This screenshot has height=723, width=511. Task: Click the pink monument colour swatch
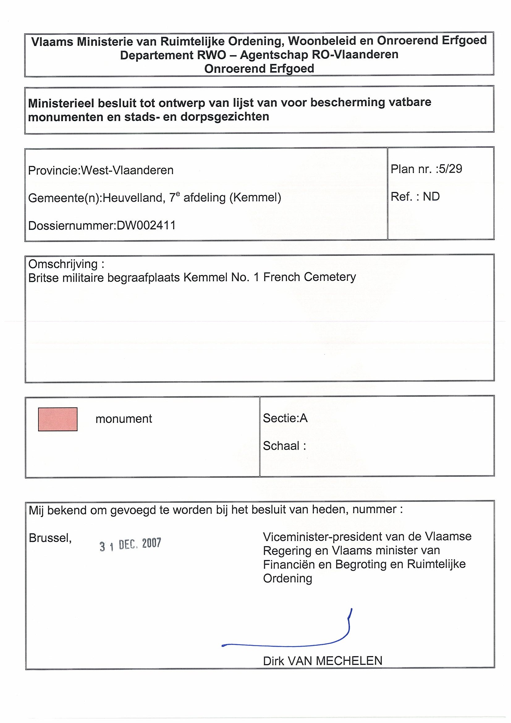(x=57, y=419)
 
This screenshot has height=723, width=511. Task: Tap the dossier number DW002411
(x=146, y=226)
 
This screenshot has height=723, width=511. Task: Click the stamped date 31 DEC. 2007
(x=130, y=544)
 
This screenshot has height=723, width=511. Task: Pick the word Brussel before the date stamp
(x=50, y=538)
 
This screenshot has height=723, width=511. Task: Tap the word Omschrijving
(x=63, y=264)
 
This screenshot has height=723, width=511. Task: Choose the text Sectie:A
(x=285, y=418)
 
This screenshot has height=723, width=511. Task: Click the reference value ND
(x=431, y=197)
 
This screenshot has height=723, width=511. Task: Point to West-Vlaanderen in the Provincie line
(x=127, y=170)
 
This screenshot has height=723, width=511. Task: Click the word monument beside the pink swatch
(x=124, y=419)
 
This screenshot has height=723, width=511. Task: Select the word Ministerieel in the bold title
(x=60, y=103)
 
